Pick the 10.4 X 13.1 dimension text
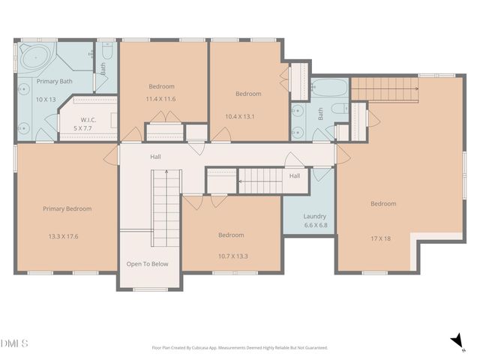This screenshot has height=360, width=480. (241, 116)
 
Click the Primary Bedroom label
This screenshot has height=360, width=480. (67, 208)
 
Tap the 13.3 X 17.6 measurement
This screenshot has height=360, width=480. (63, 235)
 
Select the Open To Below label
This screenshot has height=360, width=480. (147, 264)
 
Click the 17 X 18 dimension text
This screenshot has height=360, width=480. (381, 238)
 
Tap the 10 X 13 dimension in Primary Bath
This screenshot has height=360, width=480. (46, 99)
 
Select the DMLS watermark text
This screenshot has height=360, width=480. (15, 343)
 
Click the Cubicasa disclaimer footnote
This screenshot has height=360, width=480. (239, 348)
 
